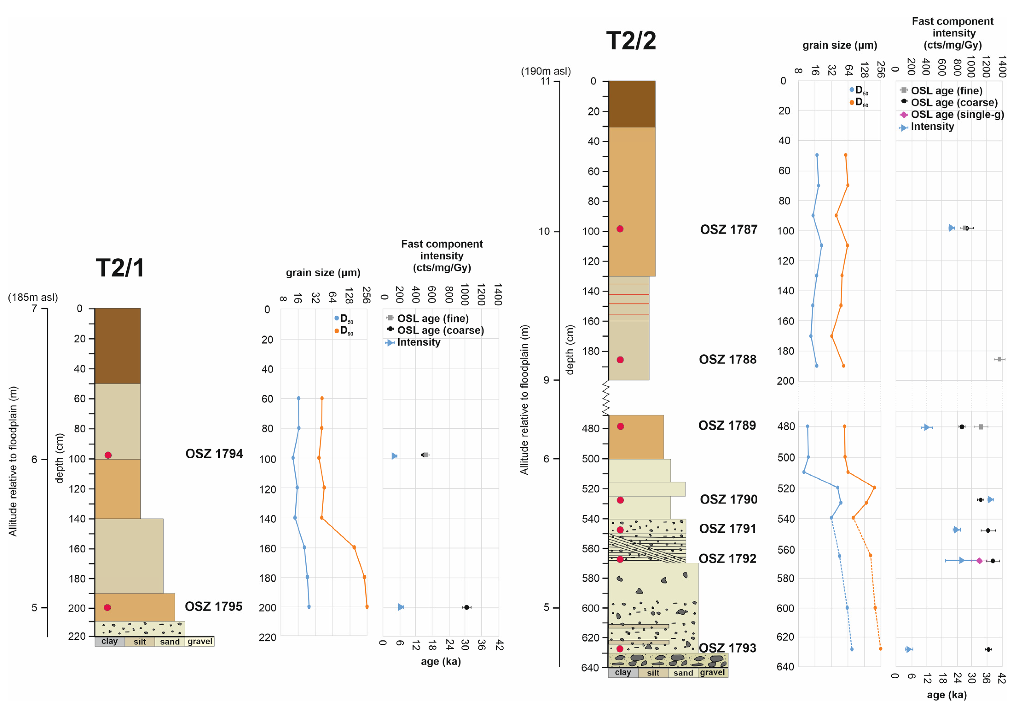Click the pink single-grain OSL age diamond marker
979,561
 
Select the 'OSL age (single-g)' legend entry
957,115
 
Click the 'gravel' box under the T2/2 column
712,672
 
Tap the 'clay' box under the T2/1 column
110,642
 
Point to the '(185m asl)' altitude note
33,297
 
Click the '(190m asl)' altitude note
546,71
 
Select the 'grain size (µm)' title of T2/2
840,46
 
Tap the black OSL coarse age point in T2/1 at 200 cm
466,608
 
